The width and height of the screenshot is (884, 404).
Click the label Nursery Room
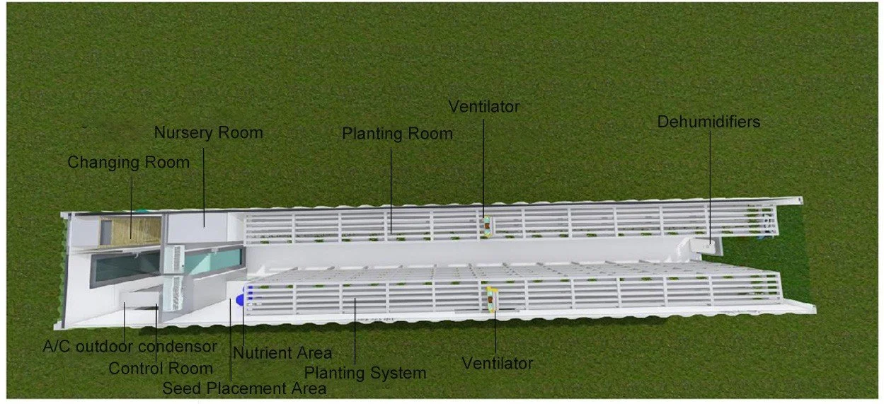[208, 132]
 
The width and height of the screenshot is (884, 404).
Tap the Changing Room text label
[128, 163]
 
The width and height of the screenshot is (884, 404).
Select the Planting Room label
[397, 134]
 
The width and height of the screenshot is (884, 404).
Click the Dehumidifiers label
[708, 122]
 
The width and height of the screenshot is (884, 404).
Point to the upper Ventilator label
[484, 107]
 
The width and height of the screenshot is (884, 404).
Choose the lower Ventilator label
[497, 364]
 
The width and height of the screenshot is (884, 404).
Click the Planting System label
[365, 372]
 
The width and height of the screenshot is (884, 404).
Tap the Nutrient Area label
[282, 352]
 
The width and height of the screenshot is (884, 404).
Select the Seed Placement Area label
[244, 388]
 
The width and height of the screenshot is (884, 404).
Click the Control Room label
[161, 369]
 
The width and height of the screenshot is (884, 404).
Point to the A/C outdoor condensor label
[130, 347]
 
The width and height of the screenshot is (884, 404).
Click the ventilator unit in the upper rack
[487, 225]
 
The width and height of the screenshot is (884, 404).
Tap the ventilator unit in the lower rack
[492, 299]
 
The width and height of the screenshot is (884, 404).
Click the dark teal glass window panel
[125, 267]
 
